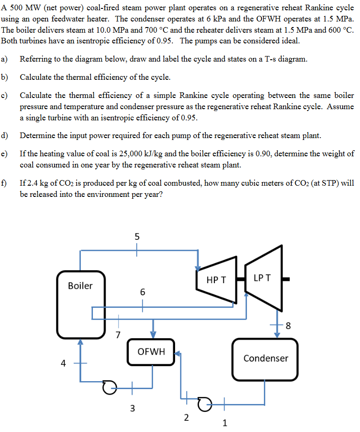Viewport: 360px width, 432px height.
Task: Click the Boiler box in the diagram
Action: pos(80,303)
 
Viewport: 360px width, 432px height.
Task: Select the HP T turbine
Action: pos(216,280)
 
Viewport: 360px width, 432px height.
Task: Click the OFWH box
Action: pos(151,351)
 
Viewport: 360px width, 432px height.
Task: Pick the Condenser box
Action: pos(265,358)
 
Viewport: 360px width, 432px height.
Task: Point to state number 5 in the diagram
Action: pos(137,237)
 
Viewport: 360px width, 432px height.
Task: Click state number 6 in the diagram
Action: pos(142,293)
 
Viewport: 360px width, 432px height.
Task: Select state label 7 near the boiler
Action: pos(118,334)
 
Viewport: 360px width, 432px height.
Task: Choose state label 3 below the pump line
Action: pos(132,409)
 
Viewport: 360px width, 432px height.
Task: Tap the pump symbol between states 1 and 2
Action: pos(204,402)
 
